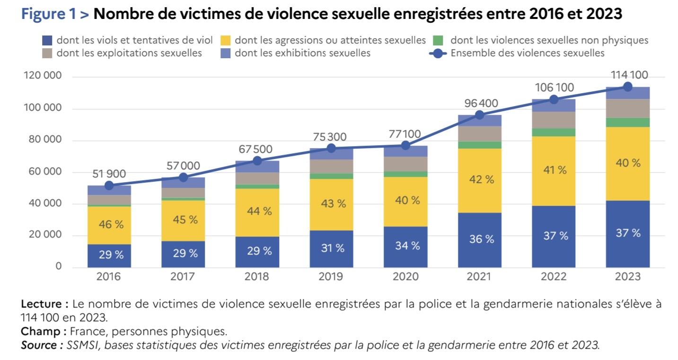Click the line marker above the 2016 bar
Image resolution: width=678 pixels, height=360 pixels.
tap(109, 186)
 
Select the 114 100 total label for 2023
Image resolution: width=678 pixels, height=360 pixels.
tap(627, 75)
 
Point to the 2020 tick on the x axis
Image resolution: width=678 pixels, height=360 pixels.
tap(405, 277)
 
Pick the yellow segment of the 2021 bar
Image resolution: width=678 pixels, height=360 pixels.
tap(479, 180)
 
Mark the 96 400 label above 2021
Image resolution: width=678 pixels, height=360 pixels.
tap(479, 103)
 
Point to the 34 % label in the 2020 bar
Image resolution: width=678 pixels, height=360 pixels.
tap(405, 246)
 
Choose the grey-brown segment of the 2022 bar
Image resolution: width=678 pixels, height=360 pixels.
tap(553, 120)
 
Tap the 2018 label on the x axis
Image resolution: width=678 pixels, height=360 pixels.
tap(257, 277)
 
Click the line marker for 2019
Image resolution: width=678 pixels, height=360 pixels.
tap(331, 148)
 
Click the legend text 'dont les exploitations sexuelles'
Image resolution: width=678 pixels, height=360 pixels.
tap(129, 53)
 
